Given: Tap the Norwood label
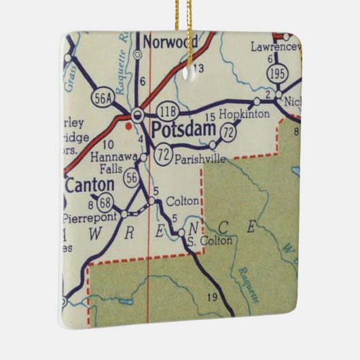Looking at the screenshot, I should coord(170,42).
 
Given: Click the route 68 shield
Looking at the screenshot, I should coord(105,202).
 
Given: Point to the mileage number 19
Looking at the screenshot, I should coord(212,297).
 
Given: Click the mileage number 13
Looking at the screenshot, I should coord(198,69).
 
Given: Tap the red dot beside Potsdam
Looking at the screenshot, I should coord(128,125).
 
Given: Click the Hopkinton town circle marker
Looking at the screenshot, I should coord(257,101).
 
